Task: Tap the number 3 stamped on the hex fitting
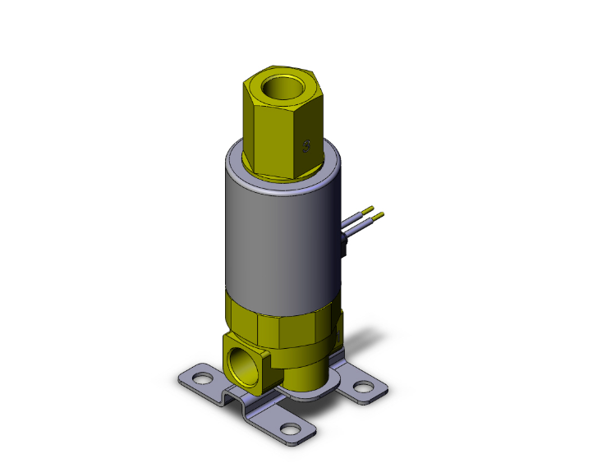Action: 307,147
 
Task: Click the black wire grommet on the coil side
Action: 346,245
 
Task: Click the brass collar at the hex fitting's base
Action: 283,173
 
